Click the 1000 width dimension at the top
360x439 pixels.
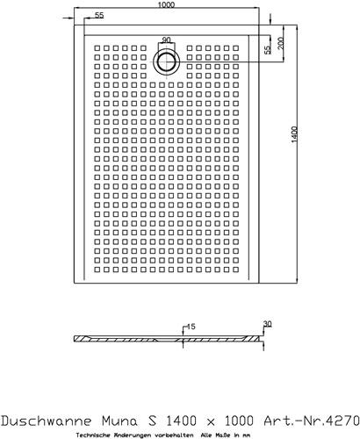166,4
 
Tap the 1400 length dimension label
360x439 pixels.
294,134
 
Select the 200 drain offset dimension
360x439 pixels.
280,43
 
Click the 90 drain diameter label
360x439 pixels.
166,40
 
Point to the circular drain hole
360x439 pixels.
167,62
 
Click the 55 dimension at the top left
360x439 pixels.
99,15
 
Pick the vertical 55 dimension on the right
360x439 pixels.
268,50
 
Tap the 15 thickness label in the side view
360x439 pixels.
191,327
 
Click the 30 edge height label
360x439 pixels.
268,324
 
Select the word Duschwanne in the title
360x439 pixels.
47,421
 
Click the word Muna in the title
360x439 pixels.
119,421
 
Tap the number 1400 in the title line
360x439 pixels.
181,421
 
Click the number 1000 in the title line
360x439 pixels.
239,421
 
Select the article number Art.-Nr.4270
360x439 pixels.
312,421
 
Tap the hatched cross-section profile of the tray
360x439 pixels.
167,339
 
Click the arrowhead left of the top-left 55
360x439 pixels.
70,18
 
